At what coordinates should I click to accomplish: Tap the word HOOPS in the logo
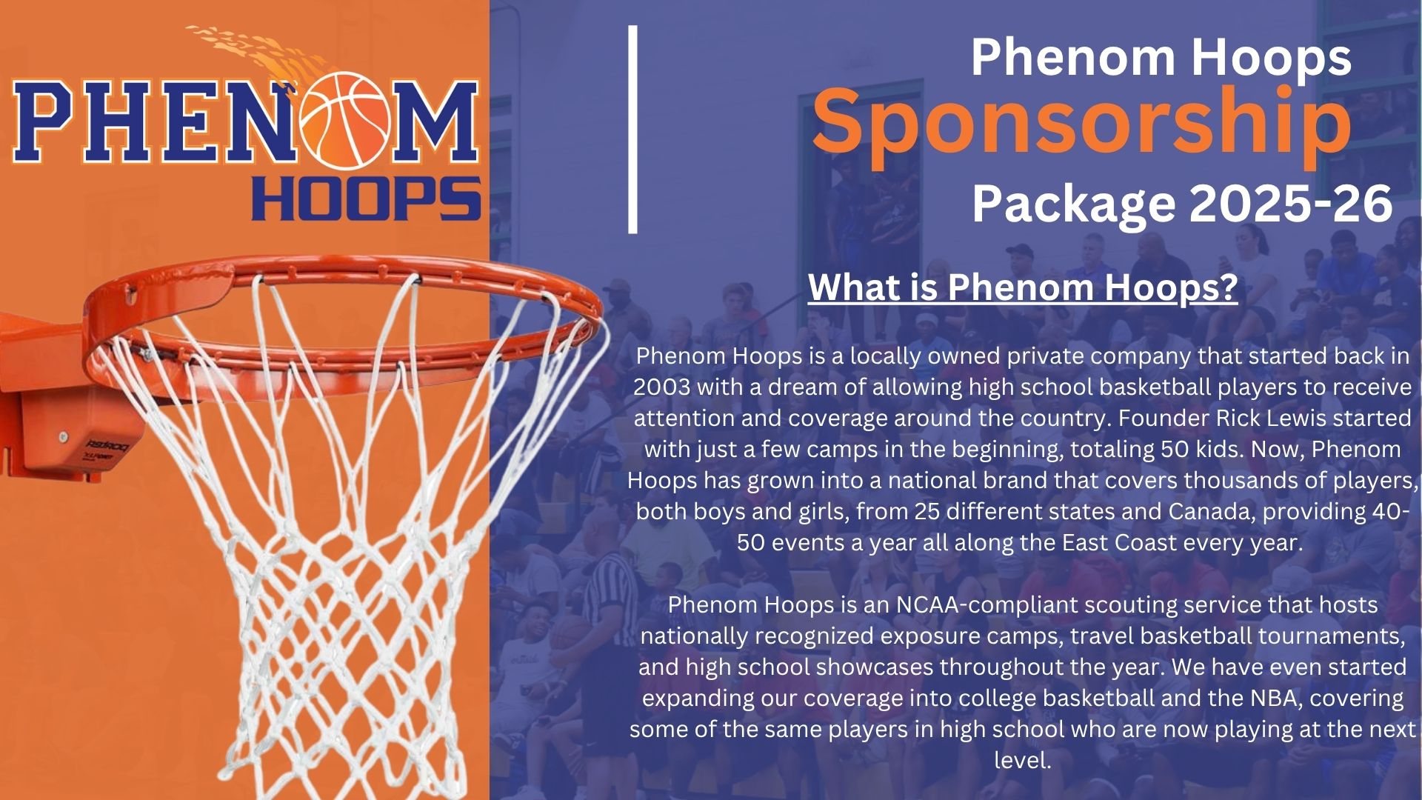tap(367, 199)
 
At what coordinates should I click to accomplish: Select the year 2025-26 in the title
tap(1291, 203)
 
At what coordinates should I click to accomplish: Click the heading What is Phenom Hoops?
tap(1023, 287)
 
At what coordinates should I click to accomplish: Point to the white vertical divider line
tap(633, 130)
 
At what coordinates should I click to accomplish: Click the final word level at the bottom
tap(1023, 761)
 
